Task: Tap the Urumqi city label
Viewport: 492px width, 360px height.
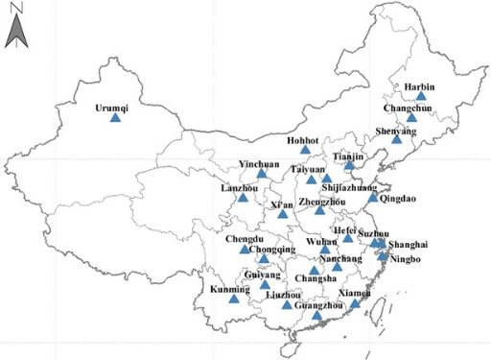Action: pyautogui.click(x=111, y=108)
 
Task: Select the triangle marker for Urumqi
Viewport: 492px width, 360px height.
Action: pyautogui.click(x=116, y=118)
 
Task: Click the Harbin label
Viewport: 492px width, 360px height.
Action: pyautogui.click(x=419, y=87)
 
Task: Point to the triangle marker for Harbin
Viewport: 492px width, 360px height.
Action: pyautogui.click(x=420, y=96)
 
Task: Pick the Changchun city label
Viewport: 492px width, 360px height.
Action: pyautogui.click(x=411, y=108)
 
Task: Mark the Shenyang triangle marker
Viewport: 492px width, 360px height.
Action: pyautogui.click(x=397, y=139)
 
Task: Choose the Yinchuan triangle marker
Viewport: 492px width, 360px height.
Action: pyautogui.click(x=262, y=174)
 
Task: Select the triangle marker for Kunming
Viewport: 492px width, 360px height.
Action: pyautogui.click(x=232, y=299)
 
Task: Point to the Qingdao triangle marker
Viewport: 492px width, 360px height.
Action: pyautogui.click(x=373, y=197)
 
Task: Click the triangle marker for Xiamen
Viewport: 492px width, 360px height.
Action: pyautogui.click(x=355, y=304)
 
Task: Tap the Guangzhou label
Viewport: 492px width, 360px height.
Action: pyautogui.click(x=317, y=305)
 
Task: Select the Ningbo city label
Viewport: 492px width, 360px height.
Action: pyautogui.click(x=405, y=258)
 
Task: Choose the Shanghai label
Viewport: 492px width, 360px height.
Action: pyautogui.click(x=409, y=245)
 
